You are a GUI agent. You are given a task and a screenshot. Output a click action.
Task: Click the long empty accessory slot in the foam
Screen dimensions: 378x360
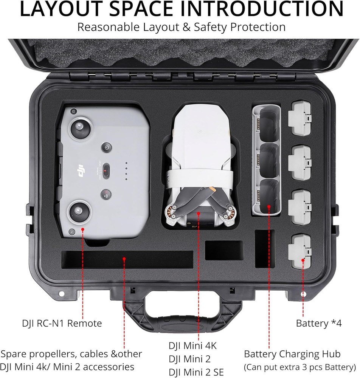[x=127, y=259]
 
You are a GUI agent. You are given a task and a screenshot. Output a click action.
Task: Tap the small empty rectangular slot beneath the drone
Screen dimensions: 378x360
[x=223, y=250]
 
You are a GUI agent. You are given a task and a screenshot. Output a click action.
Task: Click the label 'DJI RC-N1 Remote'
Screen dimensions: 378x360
[x=62, y=323]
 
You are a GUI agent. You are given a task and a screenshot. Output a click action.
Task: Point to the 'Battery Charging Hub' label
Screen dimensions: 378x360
[x=292, y=354]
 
